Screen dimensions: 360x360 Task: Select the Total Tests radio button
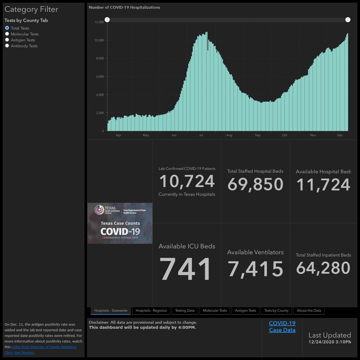pos(7,28)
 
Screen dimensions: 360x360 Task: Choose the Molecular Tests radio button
pos(7,34)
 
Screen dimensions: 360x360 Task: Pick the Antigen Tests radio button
pos(7,40)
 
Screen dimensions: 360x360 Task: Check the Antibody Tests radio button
pos(7,46)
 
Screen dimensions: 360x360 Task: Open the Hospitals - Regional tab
pos(151,310)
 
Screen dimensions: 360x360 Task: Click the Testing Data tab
pos(185,310)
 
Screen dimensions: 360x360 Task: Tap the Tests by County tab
pos(276,310)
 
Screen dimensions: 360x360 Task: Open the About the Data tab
pos(309,310)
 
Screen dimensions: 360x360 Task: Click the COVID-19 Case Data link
pos(282,327)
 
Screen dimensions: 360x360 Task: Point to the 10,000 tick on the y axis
pos(99,40)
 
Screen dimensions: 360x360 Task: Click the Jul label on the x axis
pos(201,135)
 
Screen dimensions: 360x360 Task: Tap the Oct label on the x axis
pos(285,135)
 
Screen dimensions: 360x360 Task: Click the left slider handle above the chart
pos(107,20)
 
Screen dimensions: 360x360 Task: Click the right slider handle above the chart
pos(348,20)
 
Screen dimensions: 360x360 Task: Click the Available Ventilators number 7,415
pos(255,269)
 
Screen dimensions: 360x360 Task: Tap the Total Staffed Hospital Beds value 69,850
pos(255,184)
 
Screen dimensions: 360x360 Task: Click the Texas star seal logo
pos(99,210)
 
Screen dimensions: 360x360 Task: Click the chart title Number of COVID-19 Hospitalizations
pos(124,8)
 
